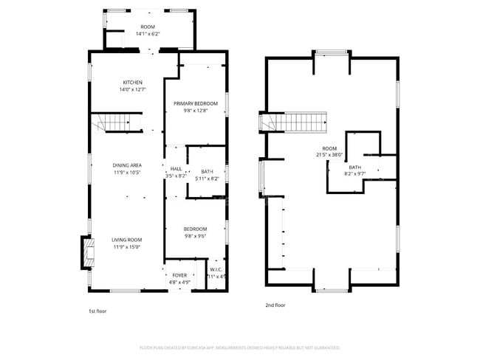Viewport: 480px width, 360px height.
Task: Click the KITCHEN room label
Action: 133,82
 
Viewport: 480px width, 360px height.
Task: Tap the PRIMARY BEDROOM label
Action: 195,103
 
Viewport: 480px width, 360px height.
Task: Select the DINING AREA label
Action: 127,165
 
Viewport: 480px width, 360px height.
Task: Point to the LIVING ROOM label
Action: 127,240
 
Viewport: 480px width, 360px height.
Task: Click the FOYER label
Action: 180,275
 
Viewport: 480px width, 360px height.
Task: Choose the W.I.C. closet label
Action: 216,269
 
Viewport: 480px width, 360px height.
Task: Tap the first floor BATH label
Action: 208,171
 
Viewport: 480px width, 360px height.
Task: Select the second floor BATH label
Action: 355,167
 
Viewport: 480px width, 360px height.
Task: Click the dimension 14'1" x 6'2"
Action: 148,34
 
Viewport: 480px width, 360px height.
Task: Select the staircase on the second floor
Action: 299,122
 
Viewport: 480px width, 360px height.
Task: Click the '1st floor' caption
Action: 97,311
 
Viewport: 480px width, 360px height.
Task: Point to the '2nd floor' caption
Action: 275,305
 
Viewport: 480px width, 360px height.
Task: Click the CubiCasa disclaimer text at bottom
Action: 239,347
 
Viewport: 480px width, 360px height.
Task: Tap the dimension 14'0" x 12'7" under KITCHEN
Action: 133,89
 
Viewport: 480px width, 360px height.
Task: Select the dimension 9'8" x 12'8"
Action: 195,111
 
